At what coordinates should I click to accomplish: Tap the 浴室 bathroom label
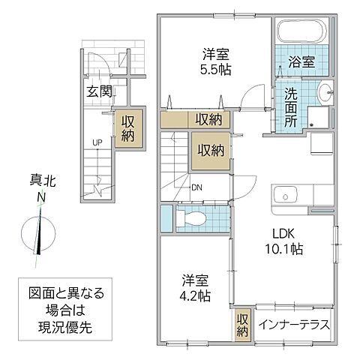[x=298, y=64]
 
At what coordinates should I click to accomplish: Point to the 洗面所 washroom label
[x=290, y=106]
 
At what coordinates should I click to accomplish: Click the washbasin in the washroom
[x=325, y=94]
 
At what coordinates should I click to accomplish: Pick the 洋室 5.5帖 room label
[x=214, y=60]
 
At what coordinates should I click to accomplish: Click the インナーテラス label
[x=295, y=325]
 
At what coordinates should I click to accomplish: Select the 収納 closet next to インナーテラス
[x=241, y=324]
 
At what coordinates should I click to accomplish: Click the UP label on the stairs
[x=98, y=142]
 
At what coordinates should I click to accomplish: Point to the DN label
[x=196, y=187]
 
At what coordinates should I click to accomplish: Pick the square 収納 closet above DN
[x=210, y=149]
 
